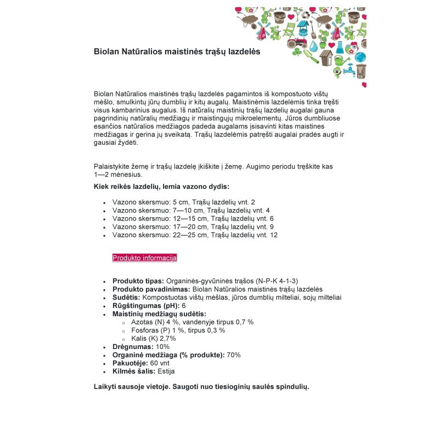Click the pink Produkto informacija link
[144, 257]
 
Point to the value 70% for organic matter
[234, 355]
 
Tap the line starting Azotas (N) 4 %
[192, 322]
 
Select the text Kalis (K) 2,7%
[154, 339]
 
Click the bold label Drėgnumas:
[133, 347]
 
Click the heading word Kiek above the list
[102, 187]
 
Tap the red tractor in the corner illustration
[297, 42]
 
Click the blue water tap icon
[348, 70]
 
